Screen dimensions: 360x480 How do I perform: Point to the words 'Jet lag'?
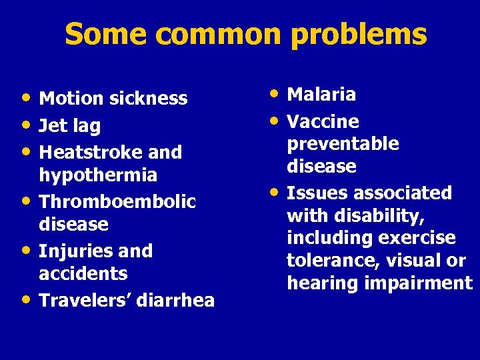[x=71, y=126]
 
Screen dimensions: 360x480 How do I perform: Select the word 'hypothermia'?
[x=98, y=175]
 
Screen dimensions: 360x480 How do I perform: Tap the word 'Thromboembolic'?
[x=117, y=201]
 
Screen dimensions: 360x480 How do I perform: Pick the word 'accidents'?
[x=83, y=274]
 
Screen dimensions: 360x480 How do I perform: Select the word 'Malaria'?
[x=321, y=95]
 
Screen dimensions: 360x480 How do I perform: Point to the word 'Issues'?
[x=313, y=193]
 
